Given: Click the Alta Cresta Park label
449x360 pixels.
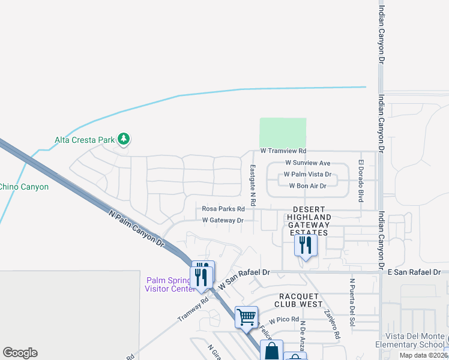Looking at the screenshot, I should click(x=84, y=140).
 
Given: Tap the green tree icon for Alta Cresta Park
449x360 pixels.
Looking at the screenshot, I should click(x=124, y=139).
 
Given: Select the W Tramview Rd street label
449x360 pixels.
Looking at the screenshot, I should click(x=283, y=151).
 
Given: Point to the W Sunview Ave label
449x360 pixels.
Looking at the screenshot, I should click(x=307, y=163).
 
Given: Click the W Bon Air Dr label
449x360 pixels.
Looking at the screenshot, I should click(x=307, y=186).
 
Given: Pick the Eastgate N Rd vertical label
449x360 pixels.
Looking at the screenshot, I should click(x=253, y=179).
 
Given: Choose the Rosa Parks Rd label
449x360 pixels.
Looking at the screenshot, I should click(x=223, y=209).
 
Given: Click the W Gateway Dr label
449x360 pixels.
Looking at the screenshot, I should click(x=222, y=220).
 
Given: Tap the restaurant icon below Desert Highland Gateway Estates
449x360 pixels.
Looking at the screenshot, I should click(x=305, y=245).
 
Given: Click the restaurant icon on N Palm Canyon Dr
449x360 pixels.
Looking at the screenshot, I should click(x=202, y=275).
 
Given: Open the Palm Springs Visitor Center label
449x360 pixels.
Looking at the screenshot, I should click(x=170, y=284).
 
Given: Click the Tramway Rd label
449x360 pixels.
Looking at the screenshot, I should click(x=192, y=310).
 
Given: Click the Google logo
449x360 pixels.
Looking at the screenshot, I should click(x=20, y=353).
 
